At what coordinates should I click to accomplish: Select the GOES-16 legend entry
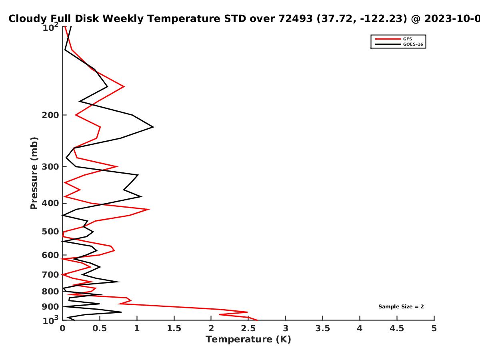click(x=399, y=44)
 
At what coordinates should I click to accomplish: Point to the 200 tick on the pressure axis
click(x=50, y=115)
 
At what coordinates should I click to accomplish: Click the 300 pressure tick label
click(x=50, y=166)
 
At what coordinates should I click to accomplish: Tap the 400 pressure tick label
click(x=50, y=203)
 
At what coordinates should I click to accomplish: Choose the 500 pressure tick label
click(x=50, y=232)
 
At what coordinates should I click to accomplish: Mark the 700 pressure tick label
click(x=50, y=274)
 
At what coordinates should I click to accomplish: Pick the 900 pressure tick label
click(x=50, y=307)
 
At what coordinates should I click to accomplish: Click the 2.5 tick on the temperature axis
click(x=248, y=328)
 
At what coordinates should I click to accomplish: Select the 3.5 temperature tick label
click(x=322, y=328)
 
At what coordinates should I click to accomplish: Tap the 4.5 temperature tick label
click(x=397, y=328)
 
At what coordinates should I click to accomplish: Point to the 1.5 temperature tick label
click(x=174, y=328)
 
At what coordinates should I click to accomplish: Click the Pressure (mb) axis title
click(x=34, y=173)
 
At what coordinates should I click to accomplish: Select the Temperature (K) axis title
click(x=248, y=340)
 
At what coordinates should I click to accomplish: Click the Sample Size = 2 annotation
click(x=401, y=307)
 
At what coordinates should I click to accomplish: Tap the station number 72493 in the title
click(x=296, y=18)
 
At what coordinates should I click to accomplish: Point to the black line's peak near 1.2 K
click(x=153, y=127)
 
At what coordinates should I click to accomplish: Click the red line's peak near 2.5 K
click(x=247, y=312)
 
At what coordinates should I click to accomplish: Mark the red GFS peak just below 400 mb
click(x=149, y=209)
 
